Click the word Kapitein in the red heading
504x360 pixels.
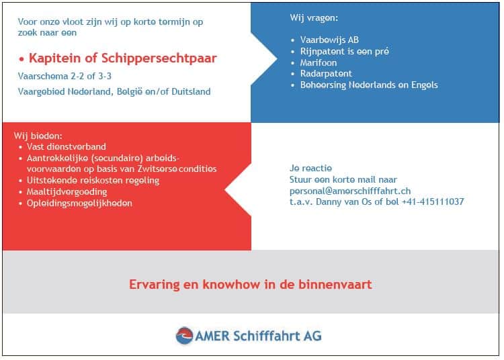click(54, 58)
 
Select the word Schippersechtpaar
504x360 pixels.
click(159, 59)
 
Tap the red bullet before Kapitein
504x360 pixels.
click(22, 59)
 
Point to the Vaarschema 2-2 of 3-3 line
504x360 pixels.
click(65, 76)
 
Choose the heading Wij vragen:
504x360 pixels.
click(314, 18)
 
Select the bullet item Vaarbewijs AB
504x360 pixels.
click(329, 40)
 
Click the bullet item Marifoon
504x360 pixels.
click(319, 62)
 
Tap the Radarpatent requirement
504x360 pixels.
click(326, 73)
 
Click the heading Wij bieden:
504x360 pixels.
click(38, 136)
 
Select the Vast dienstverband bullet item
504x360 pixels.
click(67, 147)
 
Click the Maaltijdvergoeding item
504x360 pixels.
click(67, 191)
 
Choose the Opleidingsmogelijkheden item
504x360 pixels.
click(79, 204)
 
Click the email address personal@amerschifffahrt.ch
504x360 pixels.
click(350, 191)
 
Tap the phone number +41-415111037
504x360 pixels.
click(433, 201)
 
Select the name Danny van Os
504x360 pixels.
click(344, 201)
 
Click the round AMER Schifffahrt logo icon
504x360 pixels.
click(185, 336)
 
